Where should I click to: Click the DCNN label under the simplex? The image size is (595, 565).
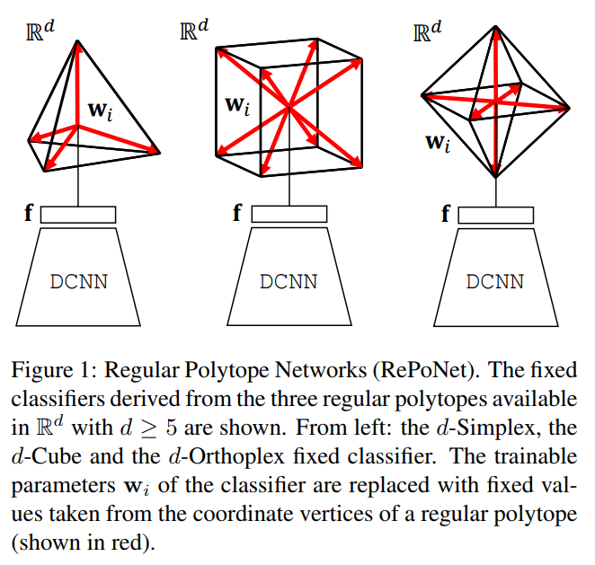point(79,281)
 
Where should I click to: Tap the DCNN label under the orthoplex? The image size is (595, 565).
point(493,281)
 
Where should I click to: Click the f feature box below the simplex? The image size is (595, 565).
point(79,215)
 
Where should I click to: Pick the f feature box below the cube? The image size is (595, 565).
point(289,215)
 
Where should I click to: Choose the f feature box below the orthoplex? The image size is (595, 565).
point(493,215)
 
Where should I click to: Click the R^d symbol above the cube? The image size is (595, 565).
point(195,29)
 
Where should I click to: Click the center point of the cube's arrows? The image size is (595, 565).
point(289,109)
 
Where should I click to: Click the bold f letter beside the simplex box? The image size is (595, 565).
point(28,215)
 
